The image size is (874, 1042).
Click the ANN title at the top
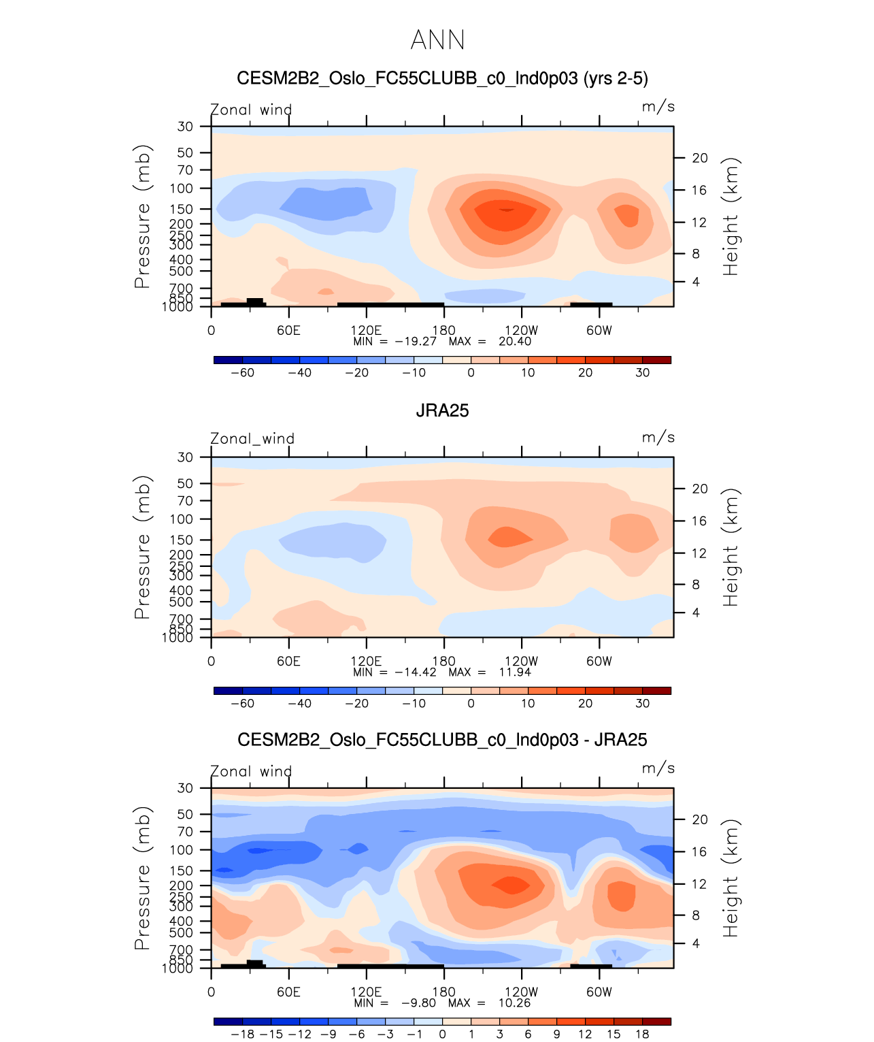pos(437,40)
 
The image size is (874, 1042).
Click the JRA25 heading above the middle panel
pos(442,410)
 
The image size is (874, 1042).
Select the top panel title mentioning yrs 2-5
pos(442,78)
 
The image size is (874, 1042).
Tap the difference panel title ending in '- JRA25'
pos(442,740)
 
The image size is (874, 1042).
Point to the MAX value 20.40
pos(515,342)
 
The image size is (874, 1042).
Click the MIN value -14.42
pos(416,672)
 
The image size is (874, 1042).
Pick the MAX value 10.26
pos(514,1003)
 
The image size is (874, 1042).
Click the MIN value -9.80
pos(418,1003)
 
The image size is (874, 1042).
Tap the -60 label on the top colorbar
pos(242,373)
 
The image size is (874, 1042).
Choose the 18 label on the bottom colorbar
pos(642,1035)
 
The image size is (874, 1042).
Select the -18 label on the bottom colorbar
pos(242,1035)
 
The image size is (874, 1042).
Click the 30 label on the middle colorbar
pos(642,704)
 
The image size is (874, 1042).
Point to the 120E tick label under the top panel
pos(366,331)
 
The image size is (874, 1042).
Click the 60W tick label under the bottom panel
pos(599,992)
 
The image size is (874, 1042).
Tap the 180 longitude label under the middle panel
pos(443,662)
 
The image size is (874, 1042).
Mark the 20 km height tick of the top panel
pos(700,158)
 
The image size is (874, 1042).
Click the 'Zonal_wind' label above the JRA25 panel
pos(252,439)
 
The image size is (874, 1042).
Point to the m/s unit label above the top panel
pos(658,107)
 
